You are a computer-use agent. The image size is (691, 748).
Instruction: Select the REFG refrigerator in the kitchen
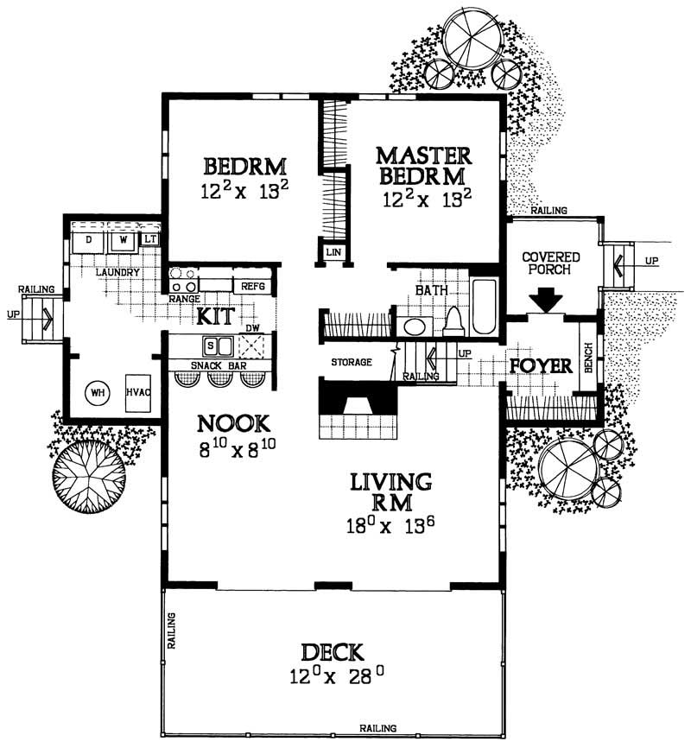tap(252, 285)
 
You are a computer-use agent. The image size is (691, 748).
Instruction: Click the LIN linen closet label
tap(333, 252)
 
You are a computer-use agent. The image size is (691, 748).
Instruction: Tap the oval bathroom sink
tap(415, 327)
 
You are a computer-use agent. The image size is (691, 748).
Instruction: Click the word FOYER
tap(542, 365)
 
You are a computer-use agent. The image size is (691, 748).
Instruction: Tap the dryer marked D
tap(88, 238)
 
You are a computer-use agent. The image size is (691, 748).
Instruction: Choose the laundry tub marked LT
tap(150, 238)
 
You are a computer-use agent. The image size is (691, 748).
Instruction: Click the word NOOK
tap(234, 424)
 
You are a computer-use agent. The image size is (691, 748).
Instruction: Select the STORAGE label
tap(351, 362)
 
